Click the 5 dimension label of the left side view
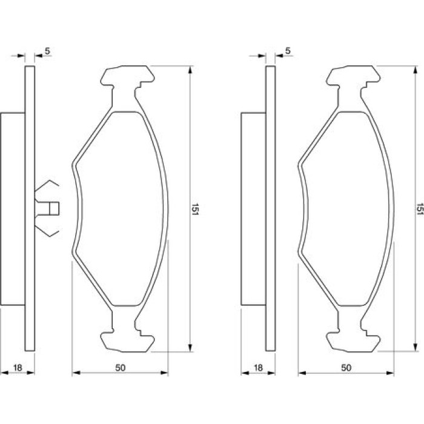click(x=48, y=51)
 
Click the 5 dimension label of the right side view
click(x=288, y=51)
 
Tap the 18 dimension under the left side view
click(x=18, y=368)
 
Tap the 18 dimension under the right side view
click(x=258, y=368)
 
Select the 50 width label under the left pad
click(x=121, y=368)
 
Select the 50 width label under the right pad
click(x=346, y=368)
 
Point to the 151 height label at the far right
click(x=420, y=209)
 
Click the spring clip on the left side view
click(x=47, y=208)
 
